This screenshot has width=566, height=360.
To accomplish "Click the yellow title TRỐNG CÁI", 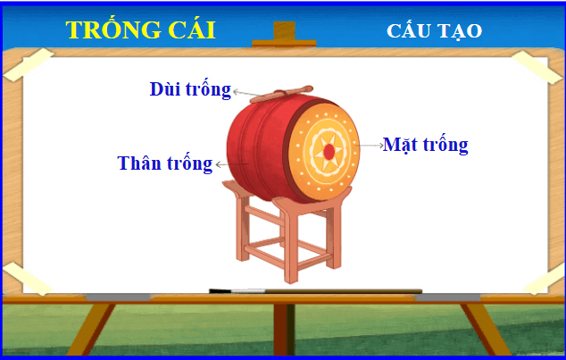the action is [x=140, y=29].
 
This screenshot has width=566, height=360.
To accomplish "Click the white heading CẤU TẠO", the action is [x=434, y=31].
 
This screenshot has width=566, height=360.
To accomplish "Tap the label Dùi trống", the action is [x=190, y=89].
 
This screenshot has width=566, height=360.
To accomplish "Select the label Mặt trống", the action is [x=426, y=145].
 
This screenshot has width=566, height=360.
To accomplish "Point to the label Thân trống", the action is [x=165, y=163].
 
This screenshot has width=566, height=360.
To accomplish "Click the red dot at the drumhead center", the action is [x=329, y=152].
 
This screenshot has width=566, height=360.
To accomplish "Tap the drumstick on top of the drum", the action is [x=281, y=94].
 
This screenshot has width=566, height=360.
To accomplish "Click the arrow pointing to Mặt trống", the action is [x=370, y=146].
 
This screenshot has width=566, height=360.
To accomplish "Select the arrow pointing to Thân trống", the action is [x=232, y=164].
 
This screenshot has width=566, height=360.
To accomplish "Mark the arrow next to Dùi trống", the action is [x=246, y=94].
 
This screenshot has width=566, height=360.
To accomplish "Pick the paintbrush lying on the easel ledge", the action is [x=315, y=291].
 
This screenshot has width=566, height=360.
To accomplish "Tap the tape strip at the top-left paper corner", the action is [x=29, y=64].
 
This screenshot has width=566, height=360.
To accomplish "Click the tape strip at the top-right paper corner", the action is [x=537, y=67].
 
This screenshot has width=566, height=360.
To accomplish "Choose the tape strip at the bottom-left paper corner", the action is [x=28, y=278].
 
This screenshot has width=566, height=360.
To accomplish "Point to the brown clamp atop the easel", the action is [x=284, y=35].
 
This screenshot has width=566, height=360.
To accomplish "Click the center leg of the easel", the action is [x=284, y=330].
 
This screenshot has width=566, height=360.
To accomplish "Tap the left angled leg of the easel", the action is [x=91, y=330].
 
